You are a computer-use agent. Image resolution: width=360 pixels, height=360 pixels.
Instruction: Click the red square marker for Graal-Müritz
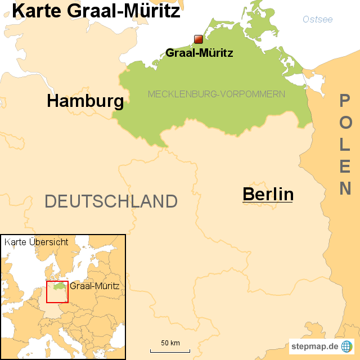coord(198,39)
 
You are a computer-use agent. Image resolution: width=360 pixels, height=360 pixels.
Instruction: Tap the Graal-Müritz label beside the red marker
coord(199,53)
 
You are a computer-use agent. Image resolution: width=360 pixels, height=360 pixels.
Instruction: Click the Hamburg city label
coord(85,101)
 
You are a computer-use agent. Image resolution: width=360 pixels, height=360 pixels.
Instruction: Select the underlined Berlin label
coord(268,194)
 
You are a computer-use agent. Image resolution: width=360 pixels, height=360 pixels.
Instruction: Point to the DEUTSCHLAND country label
coord(111,201)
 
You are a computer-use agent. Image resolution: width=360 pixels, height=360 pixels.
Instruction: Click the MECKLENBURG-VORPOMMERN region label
coord(216,94)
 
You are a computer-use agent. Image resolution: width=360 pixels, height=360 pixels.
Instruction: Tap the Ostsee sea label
coord(317,20)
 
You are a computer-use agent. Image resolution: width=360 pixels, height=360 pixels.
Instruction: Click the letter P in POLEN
coord(345,101)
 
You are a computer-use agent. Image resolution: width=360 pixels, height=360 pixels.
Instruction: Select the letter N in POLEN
coord(345,189)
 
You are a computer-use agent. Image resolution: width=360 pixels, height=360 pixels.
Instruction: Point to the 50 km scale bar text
coord(170,343)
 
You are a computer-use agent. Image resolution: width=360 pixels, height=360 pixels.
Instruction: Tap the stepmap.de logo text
coord(314,346)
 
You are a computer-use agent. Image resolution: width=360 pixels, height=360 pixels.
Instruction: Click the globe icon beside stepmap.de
coord(347,346)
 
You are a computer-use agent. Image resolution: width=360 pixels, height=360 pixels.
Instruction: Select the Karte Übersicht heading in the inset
coord(36,242)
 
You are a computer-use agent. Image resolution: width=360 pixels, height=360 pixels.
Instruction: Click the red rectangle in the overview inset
coord(57,291)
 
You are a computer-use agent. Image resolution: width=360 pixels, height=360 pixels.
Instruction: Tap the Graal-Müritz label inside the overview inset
coord(94,286)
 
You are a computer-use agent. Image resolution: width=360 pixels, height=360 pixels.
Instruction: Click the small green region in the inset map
coord(58,286)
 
